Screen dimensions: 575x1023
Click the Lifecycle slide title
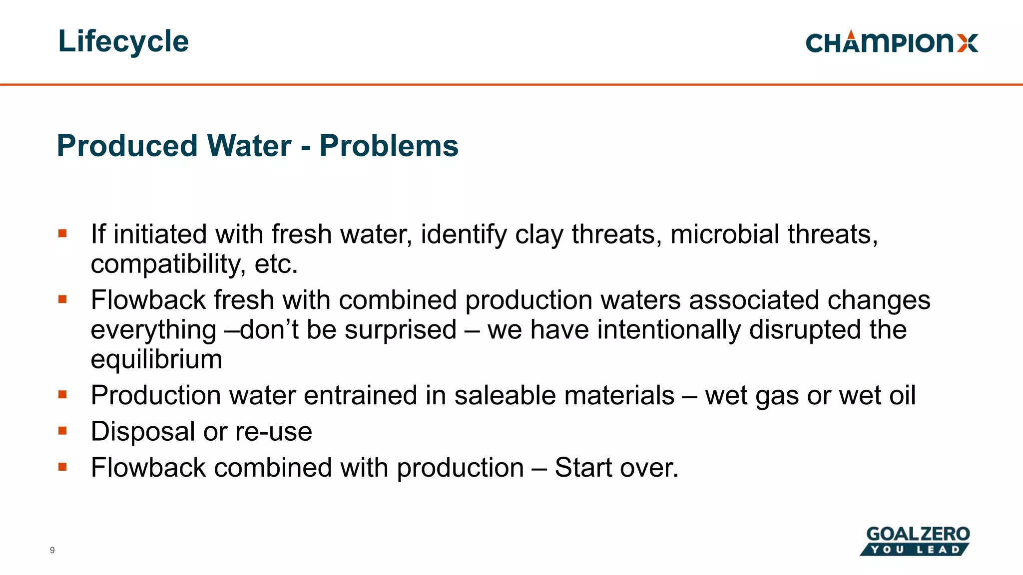[123, 41]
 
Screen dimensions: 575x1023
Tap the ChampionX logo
[892, 42]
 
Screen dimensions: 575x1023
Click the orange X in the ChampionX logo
[968, 43]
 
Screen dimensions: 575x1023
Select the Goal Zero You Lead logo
[915, 541]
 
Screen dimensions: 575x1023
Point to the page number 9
[52, 550]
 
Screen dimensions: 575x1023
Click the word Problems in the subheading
[389, 146]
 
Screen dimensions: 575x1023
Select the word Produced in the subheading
[127, 146]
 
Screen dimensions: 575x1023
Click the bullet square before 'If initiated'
[62, 233]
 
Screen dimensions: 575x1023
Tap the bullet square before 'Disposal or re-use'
[62, 430]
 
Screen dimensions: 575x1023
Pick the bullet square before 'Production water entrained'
[62, 394]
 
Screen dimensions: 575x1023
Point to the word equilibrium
[156, 359]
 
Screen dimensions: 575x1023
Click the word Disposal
[143, 431]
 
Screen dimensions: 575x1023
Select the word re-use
[274, 432]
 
